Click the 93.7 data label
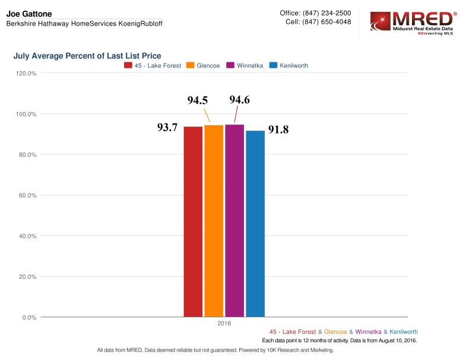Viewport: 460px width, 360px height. click(167, 128)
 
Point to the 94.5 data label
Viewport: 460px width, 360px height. click(198, 101)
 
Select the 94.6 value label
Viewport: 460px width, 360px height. click(239, 100)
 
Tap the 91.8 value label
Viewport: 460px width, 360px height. click(278, 129)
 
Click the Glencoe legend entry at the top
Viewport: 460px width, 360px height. click(207, 65)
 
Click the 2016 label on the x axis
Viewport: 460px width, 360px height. click(224, 324)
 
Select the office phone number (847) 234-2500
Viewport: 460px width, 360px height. click(326, 13)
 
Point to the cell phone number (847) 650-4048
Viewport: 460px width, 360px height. click(326, 22)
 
